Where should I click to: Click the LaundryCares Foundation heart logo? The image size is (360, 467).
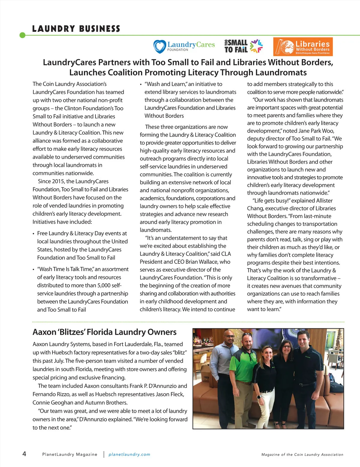160,46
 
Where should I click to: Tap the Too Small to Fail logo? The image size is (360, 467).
243,46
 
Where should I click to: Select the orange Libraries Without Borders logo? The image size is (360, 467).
303,46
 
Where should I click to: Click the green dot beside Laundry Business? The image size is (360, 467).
22,35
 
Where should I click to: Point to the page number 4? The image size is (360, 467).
24,454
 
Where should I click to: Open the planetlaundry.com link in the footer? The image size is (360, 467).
129,454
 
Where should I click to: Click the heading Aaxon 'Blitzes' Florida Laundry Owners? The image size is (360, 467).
104,332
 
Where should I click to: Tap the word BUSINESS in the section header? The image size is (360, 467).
100,29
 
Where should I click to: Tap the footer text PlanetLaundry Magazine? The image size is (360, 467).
70,454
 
